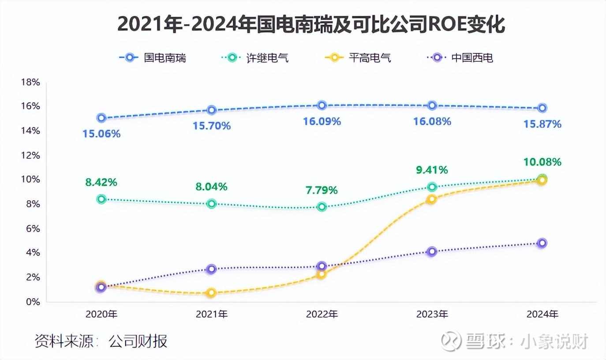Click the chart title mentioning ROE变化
[x=311, y=25]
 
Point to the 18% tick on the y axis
[x=30, y=82]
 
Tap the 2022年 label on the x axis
[x=322, y=315]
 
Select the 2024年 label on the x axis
[x=542, y=315]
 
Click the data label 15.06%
[x=101, y=134]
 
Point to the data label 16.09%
[x=322, y=121]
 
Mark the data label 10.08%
[x=542, y=162]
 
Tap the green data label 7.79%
[x=322, y=191]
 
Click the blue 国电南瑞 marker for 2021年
[x=212, y=110]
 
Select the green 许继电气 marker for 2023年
[x=432, y=187]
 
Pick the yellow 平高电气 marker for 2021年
[x=212, y=292]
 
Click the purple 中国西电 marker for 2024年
[x=542, y=243]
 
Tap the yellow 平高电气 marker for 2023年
[x=432, y=199]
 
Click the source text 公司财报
[x=138, y=341]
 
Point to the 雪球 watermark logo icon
[x=451, y=341]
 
